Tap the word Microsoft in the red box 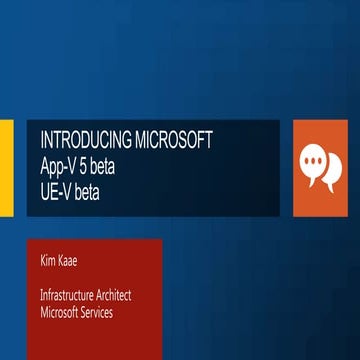click(x=62, y=313)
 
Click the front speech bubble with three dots click(x=316, y=153)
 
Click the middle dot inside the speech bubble click(x=316, y=152)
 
